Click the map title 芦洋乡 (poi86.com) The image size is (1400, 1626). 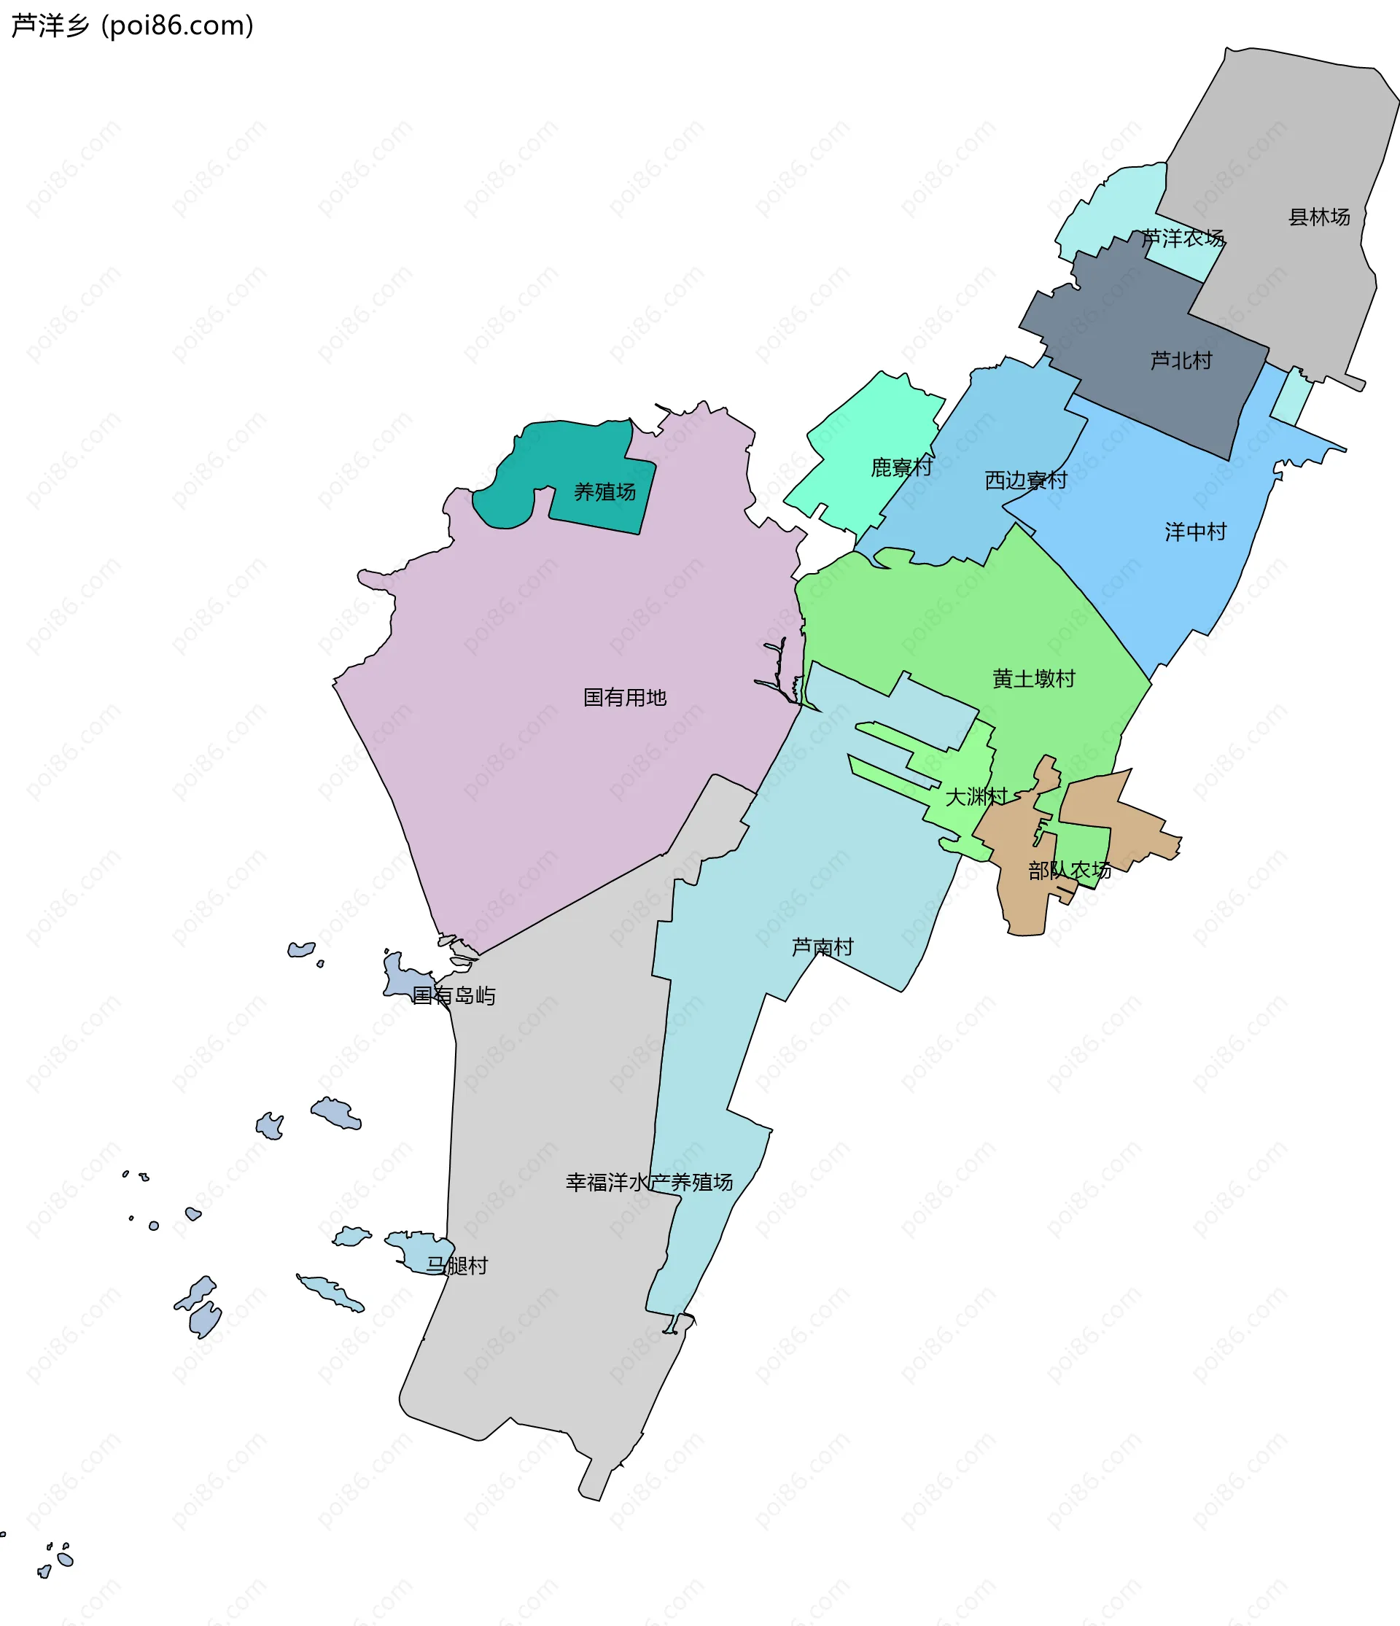click(132, 26)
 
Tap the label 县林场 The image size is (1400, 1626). click(1319, 217)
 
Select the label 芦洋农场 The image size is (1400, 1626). click(1182, 238)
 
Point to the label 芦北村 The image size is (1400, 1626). click(1181, 360)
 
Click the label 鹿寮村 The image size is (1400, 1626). click(902, 467)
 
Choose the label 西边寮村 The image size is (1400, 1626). click(1026, 480)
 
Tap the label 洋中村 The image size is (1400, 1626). click(1195, 532)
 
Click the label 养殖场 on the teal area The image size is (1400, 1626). click(604, 491)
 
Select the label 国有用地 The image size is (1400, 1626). click(625, 697)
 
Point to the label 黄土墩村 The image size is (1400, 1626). click(1033, 678)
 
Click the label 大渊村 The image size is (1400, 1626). click(976, 796)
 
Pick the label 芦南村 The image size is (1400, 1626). click(822, 947)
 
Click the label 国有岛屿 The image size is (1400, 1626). click(454, 995)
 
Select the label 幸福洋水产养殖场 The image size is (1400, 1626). click(649, 1182)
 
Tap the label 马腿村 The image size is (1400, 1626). click(456, 1265)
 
